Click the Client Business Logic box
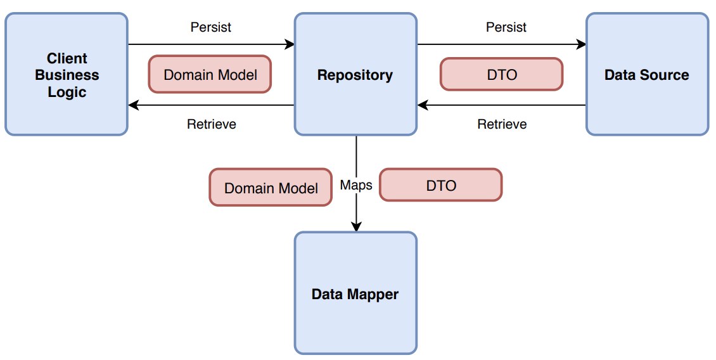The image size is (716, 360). coord(67,74)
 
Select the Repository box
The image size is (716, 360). coord(355,74)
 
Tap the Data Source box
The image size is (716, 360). coord(647,74)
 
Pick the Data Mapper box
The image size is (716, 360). coord(355,293)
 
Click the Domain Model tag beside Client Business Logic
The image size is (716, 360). coord(210,74)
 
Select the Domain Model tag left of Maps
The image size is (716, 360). coord(271,188)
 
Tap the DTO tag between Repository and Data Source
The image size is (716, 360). coord(502,74)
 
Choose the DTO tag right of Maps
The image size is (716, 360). coord(441,184)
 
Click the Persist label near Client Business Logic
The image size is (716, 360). coord(211,27)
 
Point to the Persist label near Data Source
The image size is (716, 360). coord(506,27)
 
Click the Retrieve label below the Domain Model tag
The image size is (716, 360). coord(212,124)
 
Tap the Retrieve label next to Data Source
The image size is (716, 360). coord(502,124)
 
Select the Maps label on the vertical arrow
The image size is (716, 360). coord(356,185)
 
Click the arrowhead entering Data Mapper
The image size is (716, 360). coord(356,227)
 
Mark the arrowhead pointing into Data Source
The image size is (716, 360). coord(581,44)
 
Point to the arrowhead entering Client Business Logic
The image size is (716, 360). coord(133,105)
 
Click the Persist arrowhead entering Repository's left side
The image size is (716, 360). coord(290,44)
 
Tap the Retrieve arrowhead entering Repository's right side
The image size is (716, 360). coord(423,105)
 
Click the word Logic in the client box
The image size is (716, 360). coord(67,92)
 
